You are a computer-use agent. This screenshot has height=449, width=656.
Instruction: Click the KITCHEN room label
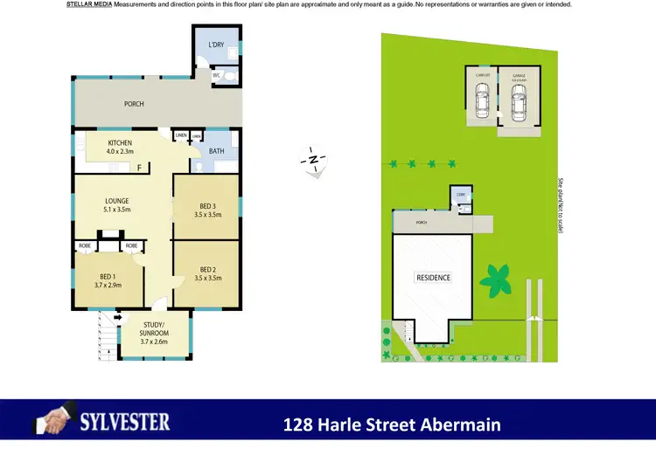coord(120,142)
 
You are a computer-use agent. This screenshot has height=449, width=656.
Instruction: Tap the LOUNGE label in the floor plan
coord(116,201)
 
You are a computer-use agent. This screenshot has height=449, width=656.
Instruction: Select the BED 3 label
coord(207,206)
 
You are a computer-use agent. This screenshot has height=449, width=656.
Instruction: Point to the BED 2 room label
coord(207,269)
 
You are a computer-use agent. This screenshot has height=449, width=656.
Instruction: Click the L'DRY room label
coord(215,45)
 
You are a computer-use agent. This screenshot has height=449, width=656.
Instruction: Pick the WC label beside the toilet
coord(216,75)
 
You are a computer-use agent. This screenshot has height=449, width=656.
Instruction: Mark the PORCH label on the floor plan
coord(133,104)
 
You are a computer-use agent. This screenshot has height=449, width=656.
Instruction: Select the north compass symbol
coord(313,160)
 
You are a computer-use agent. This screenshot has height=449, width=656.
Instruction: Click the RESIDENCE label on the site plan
coord(433,278)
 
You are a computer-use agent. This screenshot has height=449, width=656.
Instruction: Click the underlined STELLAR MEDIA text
coord(87,4)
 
